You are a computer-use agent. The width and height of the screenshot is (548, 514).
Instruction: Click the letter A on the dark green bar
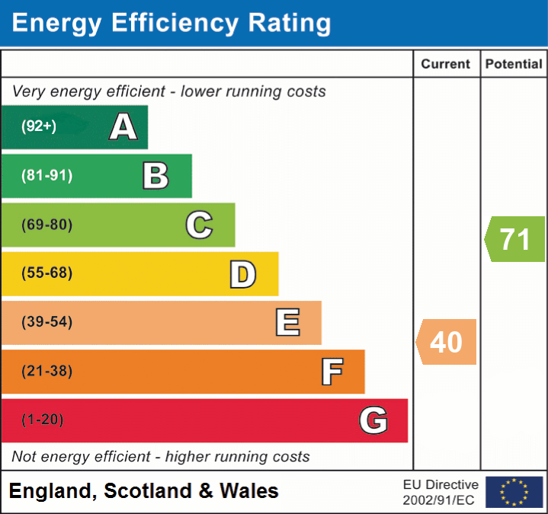coord(123,127)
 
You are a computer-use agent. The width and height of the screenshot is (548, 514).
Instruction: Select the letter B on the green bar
coord(155,176)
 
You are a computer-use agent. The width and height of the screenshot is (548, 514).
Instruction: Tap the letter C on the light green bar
coord(199,225)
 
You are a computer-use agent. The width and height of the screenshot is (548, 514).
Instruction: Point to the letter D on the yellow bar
coord(242,274)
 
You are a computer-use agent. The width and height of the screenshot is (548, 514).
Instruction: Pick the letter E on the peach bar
coord(287,323)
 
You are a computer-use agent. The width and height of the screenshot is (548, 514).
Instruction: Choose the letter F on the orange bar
coord(332,372)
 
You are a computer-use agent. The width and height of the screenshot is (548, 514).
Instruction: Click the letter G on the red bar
coord(373,420)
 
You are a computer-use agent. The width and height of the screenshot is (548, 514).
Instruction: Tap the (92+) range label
coord(39,126)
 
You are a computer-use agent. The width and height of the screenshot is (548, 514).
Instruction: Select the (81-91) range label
coord(47,176)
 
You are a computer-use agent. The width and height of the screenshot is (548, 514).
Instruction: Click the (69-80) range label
coord(47,225)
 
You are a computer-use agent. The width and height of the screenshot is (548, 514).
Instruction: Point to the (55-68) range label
coord(47,273)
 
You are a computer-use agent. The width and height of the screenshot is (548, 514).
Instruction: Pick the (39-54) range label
coord(47,322)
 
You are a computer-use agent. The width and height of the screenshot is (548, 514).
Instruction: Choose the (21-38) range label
coord(47,372)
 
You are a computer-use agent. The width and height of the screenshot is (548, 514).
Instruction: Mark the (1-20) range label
coord(43,420)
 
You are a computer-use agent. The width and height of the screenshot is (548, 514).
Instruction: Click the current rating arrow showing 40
coord(447,342)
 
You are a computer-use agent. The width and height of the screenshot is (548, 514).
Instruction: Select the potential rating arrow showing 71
coord(515,239)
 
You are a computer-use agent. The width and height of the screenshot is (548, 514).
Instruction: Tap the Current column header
coord(447,65)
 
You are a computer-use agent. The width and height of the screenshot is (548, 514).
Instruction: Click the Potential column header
coord(514,65)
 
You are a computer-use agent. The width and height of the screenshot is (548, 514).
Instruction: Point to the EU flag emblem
coord(514,492)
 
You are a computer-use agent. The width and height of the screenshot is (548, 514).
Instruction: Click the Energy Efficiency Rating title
coord(171,24)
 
